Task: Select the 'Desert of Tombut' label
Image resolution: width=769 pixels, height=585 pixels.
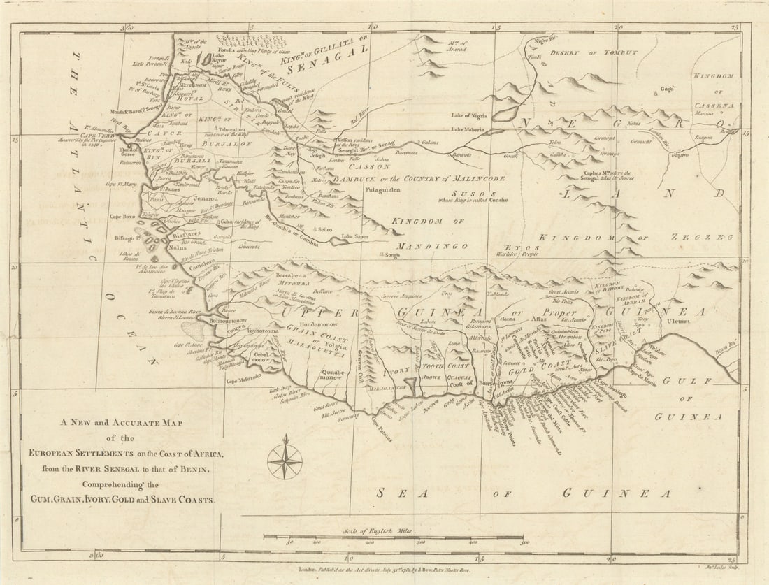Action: point(594,53)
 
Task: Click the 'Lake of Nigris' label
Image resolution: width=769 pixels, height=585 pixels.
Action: point(470,115)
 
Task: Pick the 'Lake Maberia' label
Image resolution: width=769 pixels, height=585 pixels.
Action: point(468,129)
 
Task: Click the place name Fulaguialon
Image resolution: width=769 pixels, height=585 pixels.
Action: point(380,189)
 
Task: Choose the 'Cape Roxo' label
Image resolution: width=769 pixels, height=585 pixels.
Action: point(124,217)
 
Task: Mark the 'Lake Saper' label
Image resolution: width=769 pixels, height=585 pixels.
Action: point(356,237)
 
